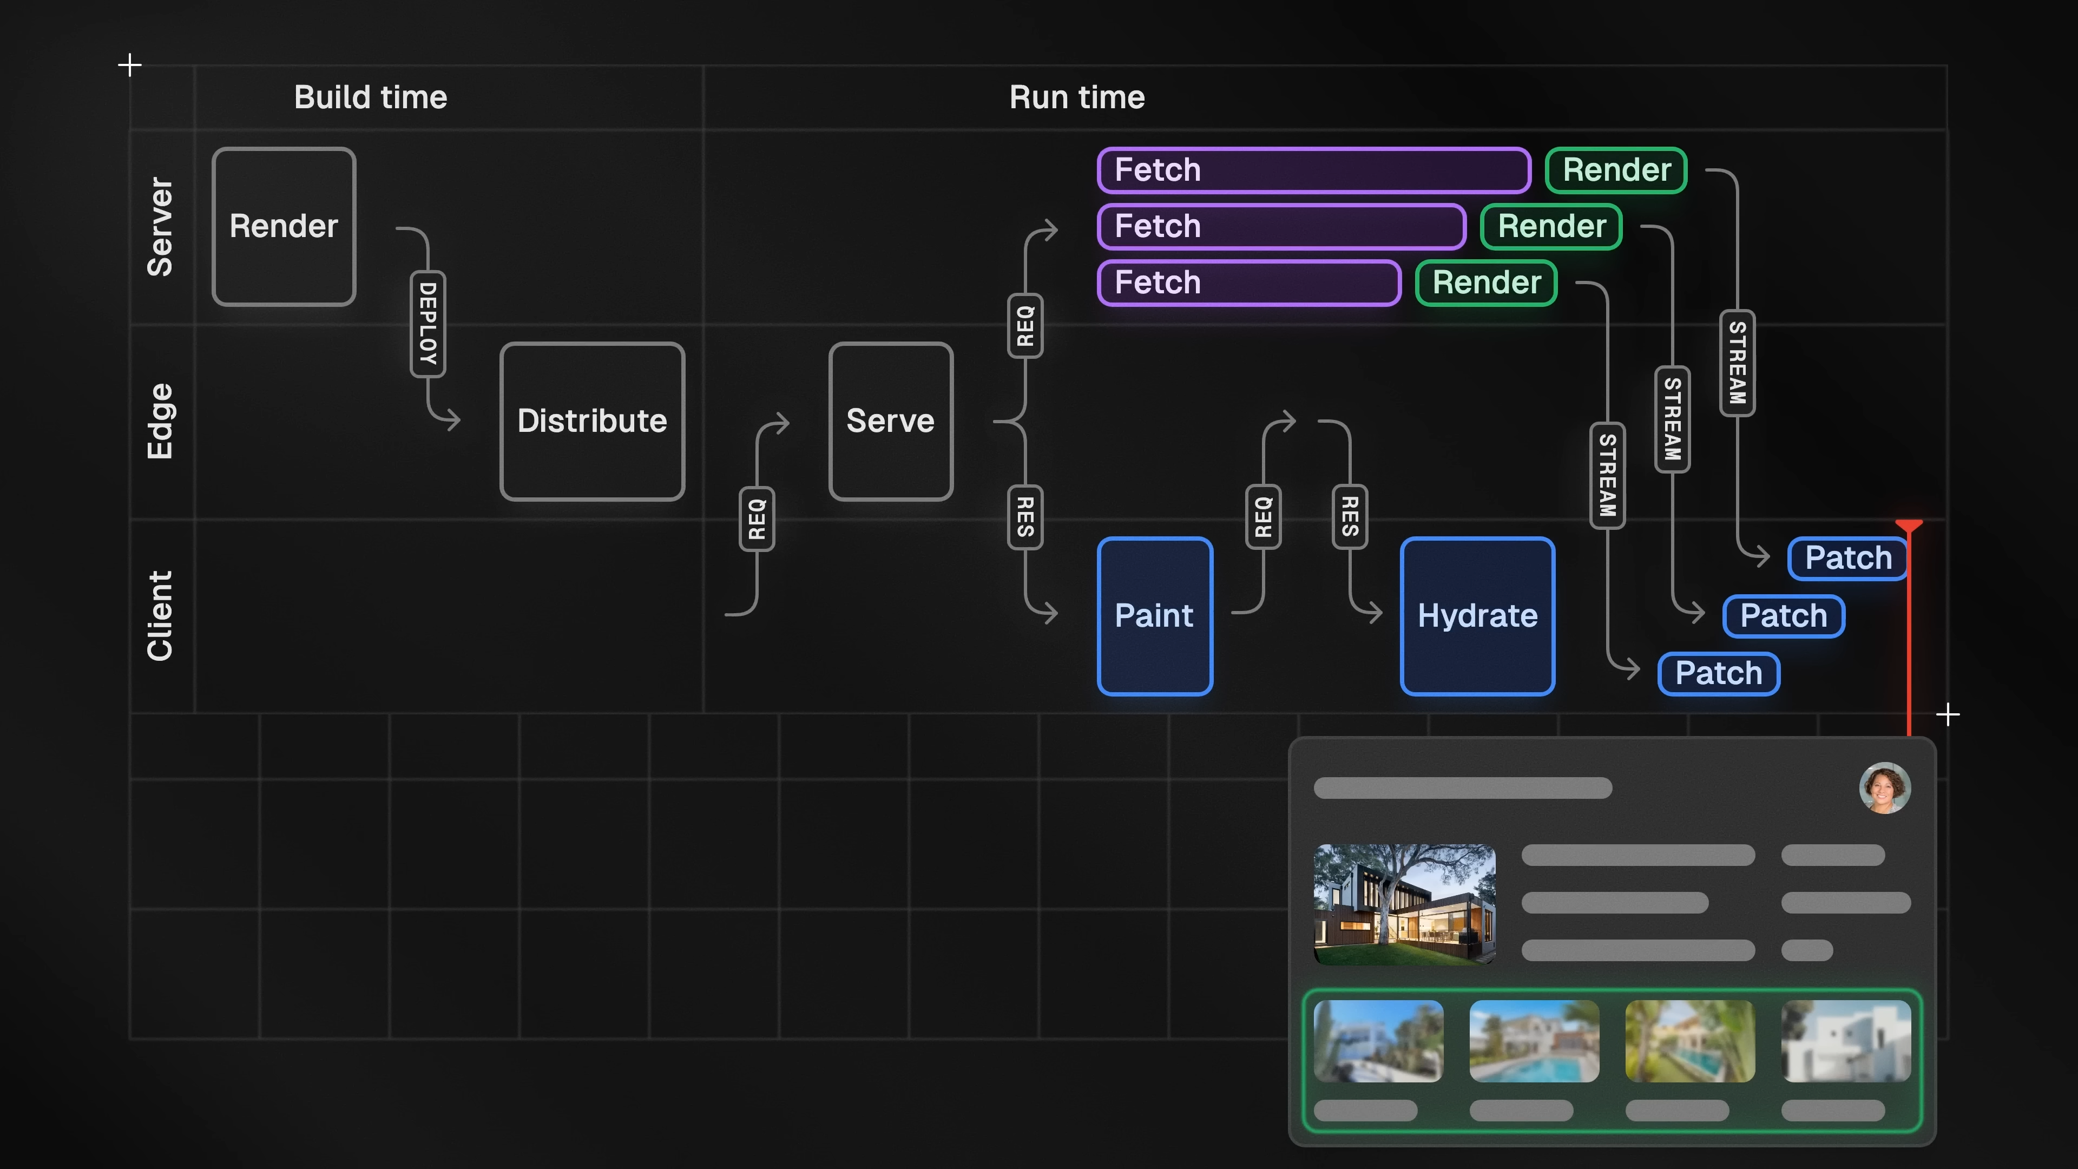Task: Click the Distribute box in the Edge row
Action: tap(592, 421)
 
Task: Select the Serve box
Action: tap(891, 421)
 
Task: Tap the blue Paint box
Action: tap(1154, 615)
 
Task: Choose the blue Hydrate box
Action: tap(1477, 615)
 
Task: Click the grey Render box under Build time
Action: tap(284, 226)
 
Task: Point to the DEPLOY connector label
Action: tap(428, 324)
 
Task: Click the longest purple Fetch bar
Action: tap(1313, 170)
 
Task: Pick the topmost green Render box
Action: tap(1616, 170)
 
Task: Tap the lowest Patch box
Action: tap(1718, 673)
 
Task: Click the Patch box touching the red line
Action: tap(1847, 557)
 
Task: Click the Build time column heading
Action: tap(370, 97)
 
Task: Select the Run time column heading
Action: tap(1077, 97)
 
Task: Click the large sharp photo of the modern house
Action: tap(1404, 904)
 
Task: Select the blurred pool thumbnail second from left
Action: tap(1534, 1041)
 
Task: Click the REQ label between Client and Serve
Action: tap(757, 519)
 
